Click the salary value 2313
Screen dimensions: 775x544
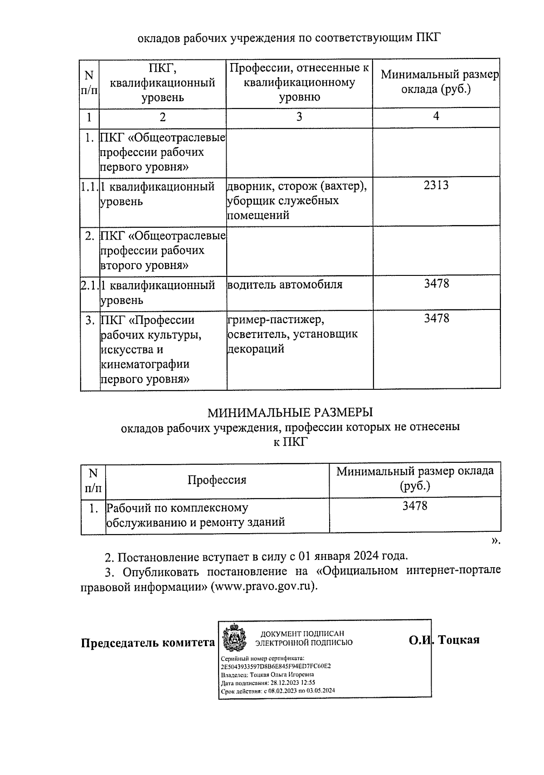[436, 185]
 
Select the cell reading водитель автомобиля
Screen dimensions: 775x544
[284, 285]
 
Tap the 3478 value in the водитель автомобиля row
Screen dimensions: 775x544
[436, 284]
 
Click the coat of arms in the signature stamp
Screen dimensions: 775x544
[234, 640]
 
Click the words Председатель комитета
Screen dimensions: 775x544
[147, 643]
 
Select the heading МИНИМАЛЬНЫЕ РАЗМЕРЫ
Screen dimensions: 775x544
[290, 412]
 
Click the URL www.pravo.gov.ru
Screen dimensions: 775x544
[265, 586]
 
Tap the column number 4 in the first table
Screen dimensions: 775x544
[436, 116]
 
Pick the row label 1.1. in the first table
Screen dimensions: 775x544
[89, 186]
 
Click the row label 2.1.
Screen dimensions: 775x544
[89, 285]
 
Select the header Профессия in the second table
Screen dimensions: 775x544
[217, 480]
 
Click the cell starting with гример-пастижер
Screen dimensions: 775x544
[292, 334]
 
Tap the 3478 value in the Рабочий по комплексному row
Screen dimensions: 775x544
[414, 505]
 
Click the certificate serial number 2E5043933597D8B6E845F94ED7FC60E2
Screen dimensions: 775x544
[276, 666]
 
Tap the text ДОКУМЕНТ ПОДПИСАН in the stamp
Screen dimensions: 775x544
[302, 634]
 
